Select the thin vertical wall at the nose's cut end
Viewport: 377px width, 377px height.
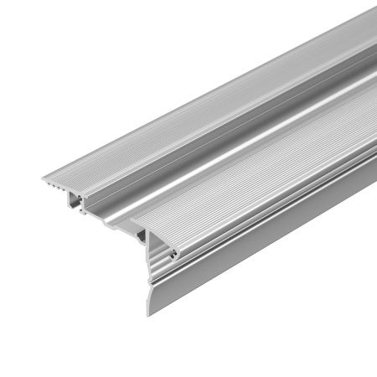(149, 251)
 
